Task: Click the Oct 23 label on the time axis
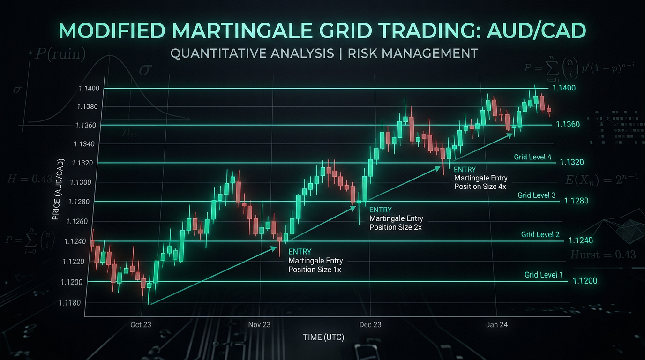[141, 324]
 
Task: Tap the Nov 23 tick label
[259, 324]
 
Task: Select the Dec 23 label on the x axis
[370, 324]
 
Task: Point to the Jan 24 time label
[497, 324]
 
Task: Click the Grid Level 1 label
[544, 275]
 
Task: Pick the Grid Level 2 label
[540, 234]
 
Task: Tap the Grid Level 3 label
[536, 195]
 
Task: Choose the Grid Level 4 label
[532, 157]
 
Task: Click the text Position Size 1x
[314, 270]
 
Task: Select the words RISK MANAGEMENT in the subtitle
[412, 53]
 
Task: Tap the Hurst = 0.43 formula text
[603, 255]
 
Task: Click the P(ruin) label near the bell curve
[60, 54]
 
